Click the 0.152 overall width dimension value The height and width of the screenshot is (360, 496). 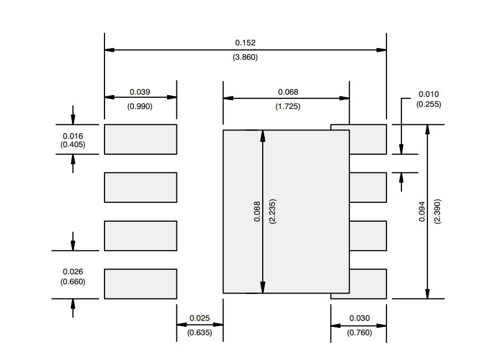[245, 43]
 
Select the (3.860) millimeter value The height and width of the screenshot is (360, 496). [245, 58]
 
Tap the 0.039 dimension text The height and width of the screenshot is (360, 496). [140, 92]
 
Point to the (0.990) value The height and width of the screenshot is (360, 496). [140, 106]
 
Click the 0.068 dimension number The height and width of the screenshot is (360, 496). [288, 92]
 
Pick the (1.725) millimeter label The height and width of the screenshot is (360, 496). [288, 106]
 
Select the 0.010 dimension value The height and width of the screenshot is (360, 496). [429, 94]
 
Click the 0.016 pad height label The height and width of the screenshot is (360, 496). [73, 136]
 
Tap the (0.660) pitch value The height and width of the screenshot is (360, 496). [73, 281]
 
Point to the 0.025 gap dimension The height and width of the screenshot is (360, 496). [200, 318]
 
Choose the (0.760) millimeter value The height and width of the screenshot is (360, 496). [359, 332]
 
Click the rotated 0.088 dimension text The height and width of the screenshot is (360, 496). [257, 211]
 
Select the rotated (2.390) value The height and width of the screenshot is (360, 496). [437, 211]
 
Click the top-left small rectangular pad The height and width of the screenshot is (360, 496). [140, 139]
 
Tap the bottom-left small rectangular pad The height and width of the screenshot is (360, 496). [140, 284]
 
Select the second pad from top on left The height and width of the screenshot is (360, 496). [140, 187]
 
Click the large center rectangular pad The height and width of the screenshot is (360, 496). [286, 211]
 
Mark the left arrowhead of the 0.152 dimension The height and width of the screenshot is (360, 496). [109, 50]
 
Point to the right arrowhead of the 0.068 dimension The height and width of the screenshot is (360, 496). [344, 98]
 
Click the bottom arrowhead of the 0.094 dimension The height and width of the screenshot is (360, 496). [427, 294]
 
